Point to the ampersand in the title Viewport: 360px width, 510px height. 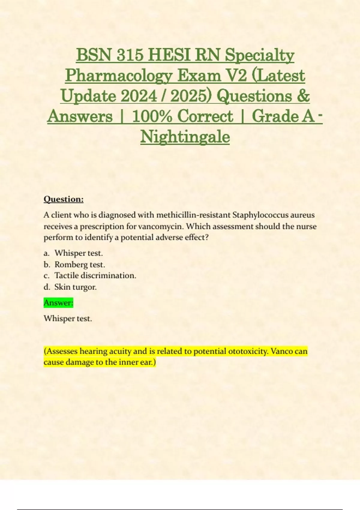304,96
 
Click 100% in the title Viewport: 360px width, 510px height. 152,116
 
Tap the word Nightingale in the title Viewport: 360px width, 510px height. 185,137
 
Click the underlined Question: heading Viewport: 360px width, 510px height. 64,199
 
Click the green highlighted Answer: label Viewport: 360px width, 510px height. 58,303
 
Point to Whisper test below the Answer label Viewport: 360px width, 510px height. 68,318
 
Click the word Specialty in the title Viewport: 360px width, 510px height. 259,55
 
